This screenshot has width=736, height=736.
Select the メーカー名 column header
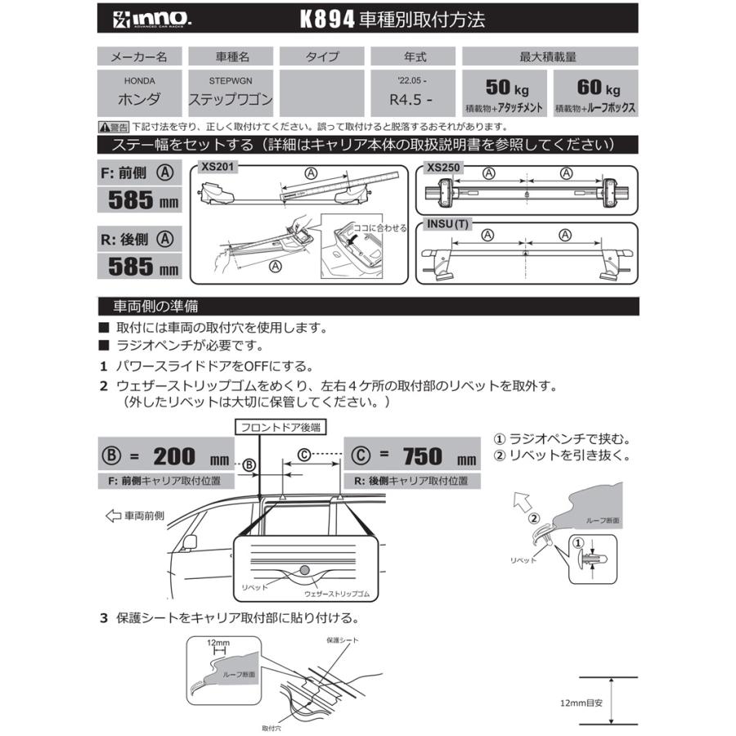(139, 56)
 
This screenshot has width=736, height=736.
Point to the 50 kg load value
(501, 88)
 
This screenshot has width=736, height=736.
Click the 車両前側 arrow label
(136, 516)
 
